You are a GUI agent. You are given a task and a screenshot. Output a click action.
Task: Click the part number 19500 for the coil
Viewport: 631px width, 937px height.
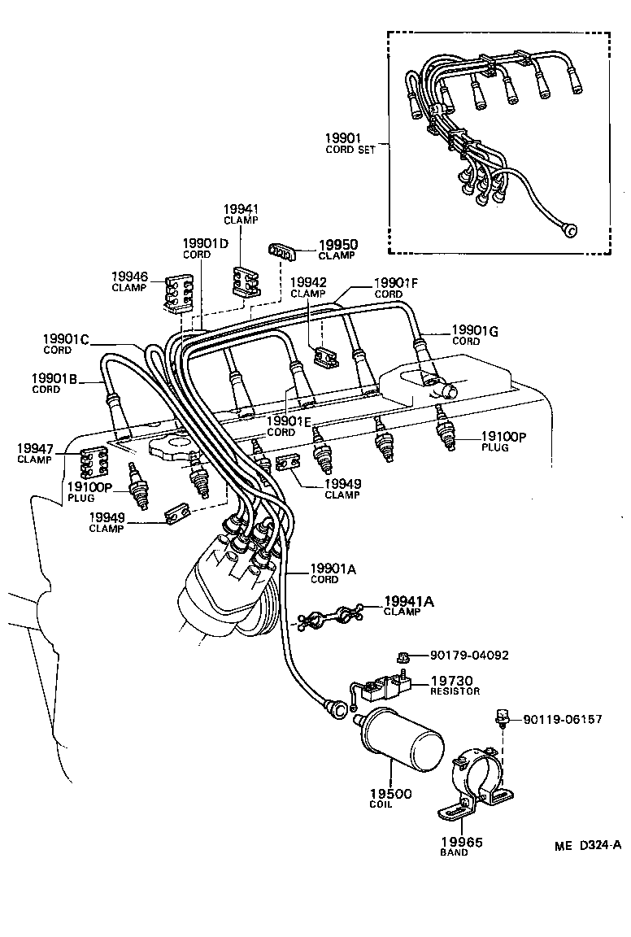[390, 794]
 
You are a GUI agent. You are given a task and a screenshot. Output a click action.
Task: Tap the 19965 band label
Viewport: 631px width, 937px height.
[461, 843]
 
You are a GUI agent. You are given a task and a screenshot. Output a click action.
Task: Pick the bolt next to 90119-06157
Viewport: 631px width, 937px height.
[503, 717]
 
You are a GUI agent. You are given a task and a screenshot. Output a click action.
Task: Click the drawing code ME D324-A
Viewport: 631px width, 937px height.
[588, 844]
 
